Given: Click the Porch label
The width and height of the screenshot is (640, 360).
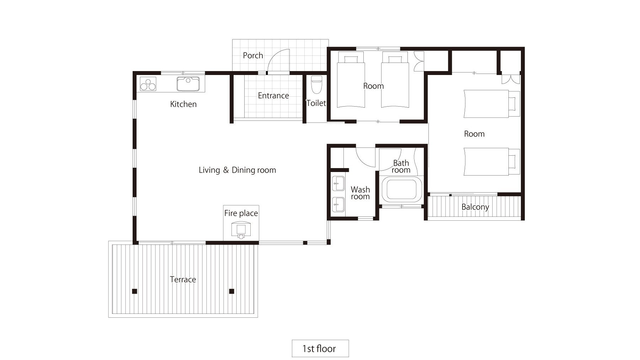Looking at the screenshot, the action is (253, 55).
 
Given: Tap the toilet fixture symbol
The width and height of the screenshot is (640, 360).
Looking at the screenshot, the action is (316, 84).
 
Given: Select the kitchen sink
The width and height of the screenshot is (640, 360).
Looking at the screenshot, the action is (188, 84).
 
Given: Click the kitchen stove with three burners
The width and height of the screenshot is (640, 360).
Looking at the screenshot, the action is (148, 84).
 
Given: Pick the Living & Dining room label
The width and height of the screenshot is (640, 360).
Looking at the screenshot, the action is (237, 170).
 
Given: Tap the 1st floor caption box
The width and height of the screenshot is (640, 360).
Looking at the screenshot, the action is (320, 348).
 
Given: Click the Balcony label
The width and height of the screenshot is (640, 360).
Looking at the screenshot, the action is (475, 207).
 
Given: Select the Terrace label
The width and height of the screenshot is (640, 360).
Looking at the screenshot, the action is (183, 279).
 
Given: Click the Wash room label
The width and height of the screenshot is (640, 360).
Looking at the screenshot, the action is (360, 193).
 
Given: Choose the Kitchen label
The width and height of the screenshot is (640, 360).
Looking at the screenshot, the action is (183, 104).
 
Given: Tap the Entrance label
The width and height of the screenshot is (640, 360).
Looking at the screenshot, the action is (273, 96).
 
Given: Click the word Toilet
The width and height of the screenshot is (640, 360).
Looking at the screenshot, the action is (316, 103).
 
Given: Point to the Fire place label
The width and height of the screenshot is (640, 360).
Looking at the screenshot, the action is (241, 213).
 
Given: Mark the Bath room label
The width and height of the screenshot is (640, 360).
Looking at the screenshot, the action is (401, 166).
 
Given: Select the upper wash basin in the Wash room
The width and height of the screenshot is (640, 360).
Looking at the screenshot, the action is (338, 183).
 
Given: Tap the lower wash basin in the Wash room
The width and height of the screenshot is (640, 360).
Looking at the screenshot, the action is (338, 205).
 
